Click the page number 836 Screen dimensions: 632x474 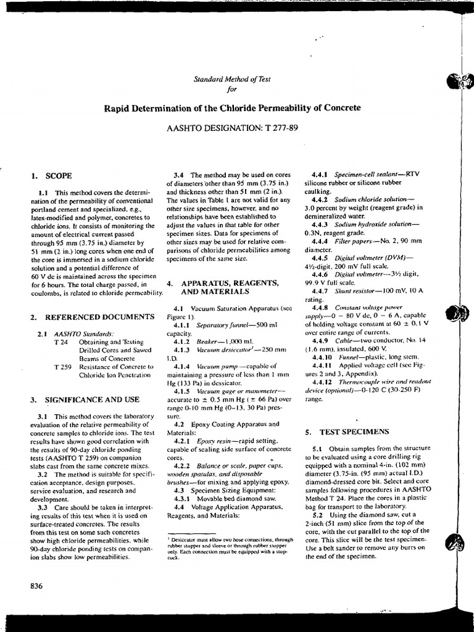tap(36, 586)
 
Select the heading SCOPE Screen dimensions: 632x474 tap(60, 175)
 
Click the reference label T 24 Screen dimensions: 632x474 tap(60, 341)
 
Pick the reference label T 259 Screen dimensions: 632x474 tap(62, 366)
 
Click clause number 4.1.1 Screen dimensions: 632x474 tap(183, 325)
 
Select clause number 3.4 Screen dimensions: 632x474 tap(180, 175)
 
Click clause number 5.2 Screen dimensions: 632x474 tap(318, 514)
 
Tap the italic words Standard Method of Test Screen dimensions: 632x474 tap(232, 79)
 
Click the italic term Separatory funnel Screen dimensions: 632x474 tap(222, 325)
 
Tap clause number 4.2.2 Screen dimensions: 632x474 tap(183, 466)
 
